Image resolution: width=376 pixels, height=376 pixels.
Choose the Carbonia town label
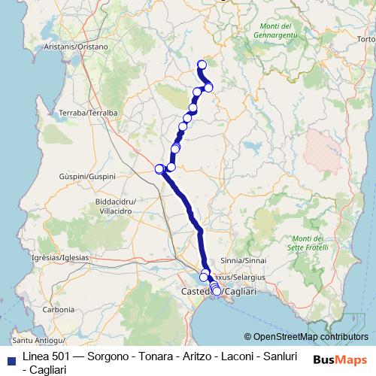click(58, 309)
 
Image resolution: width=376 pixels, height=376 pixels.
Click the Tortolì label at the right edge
click(366, 39)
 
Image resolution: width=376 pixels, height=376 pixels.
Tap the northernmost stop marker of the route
click(201, 65)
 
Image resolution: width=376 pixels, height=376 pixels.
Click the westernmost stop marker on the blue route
click(159, 168)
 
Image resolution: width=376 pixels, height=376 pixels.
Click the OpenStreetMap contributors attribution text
click(311, 337)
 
